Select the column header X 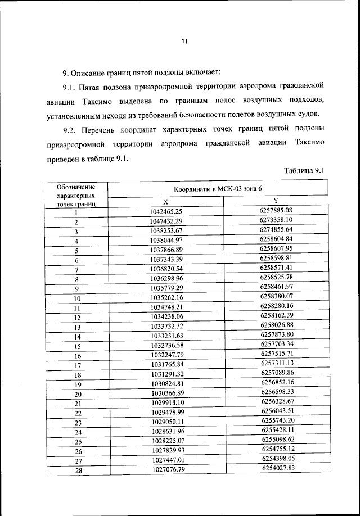coord(165,202)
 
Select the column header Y coord(276,201)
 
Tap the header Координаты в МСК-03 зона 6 coord(218,190)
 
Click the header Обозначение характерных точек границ coord(76,194)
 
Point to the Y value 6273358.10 coord(276,220)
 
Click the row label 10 coord(77,298)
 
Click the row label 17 coord(78,365)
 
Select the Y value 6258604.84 coord(277,239)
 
